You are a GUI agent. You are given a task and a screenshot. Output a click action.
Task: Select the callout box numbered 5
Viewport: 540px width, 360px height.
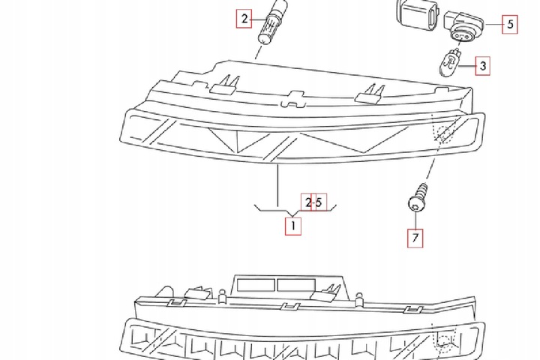tap(508, 24)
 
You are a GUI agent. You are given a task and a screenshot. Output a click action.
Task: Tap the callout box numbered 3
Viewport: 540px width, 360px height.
tap(482, 66)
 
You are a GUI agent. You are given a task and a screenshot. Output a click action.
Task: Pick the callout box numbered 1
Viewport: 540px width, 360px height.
tap(292, 223)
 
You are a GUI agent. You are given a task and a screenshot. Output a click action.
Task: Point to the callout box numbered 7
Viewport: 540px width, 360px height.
tap(415, 238)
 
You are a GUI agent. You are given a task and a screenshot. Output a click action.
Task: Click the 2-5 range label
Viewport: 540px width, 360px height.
tap(313, 202)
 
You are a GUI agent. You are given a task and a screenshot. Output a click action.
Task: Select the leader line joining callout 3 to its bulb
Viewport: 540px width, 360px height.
tap(466, 66)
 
